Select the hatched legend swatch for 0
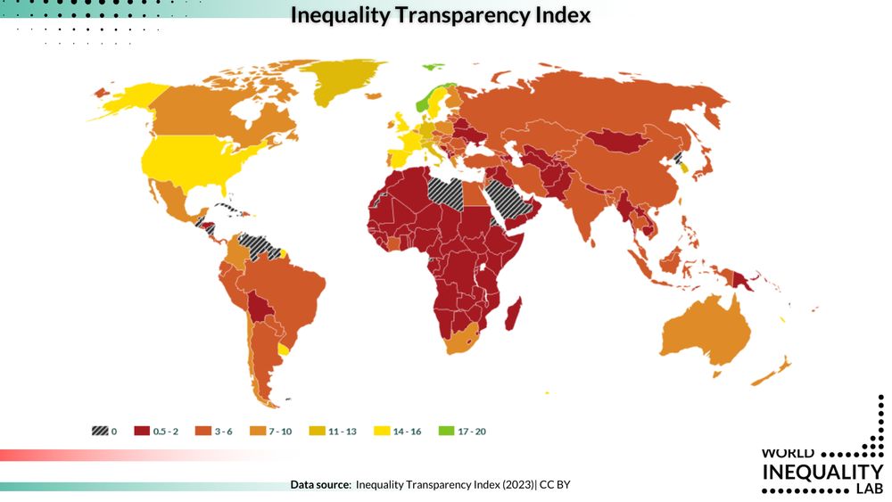pyautogui.click(x=99, y=432)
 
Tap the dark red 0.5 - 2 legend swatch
pyautogui.click(x=141, y=432)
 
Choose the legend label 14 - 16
pyautogui.click(x=405, y=432)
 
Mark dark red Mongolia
pyautogui.click(x=615, y=141)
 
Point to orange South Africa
pyautogui.click(x=461, y=339)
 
